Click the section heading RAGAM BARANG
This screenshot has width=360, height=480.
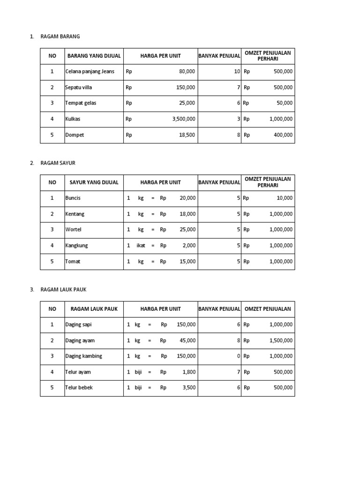coord(60,37)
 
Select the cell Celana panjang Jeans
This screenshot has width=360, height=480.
coord(90,72)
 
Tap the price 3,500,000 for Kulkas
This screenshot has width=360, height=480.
coord(184,119)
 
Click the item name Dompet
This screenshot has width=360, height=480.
coord(75,135)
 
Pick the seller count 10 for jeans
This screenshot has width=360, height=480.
coord(237,72)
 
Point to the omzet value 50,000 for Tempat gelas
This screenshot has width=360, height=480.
coord(284,103)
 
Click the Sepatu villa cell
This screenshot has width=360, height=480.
coord(79,88)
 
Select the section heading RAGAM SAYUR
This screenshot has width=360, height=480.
coord(58,163)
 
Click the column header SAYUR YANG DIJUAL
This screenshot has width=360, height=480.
coord(94,182)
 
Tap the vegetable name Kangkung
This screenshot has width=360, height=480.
coord(76,246)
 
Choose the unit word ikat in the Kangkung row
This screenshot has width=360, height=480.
coord(141,246)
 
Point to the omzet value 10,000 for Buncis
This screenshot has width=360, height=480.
coord(284,198)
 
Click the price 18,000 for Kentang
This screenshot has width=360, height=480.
coord(187,214)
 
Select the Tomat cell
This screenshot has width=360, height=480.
coord(73,262)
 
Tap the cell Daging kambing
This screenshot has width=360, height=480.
coord(83,356)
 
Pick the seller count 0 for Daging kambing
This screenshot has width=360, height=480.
coord(239,356)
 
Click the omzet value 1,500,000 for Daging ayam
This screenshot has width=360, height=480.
coord(281,341)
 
